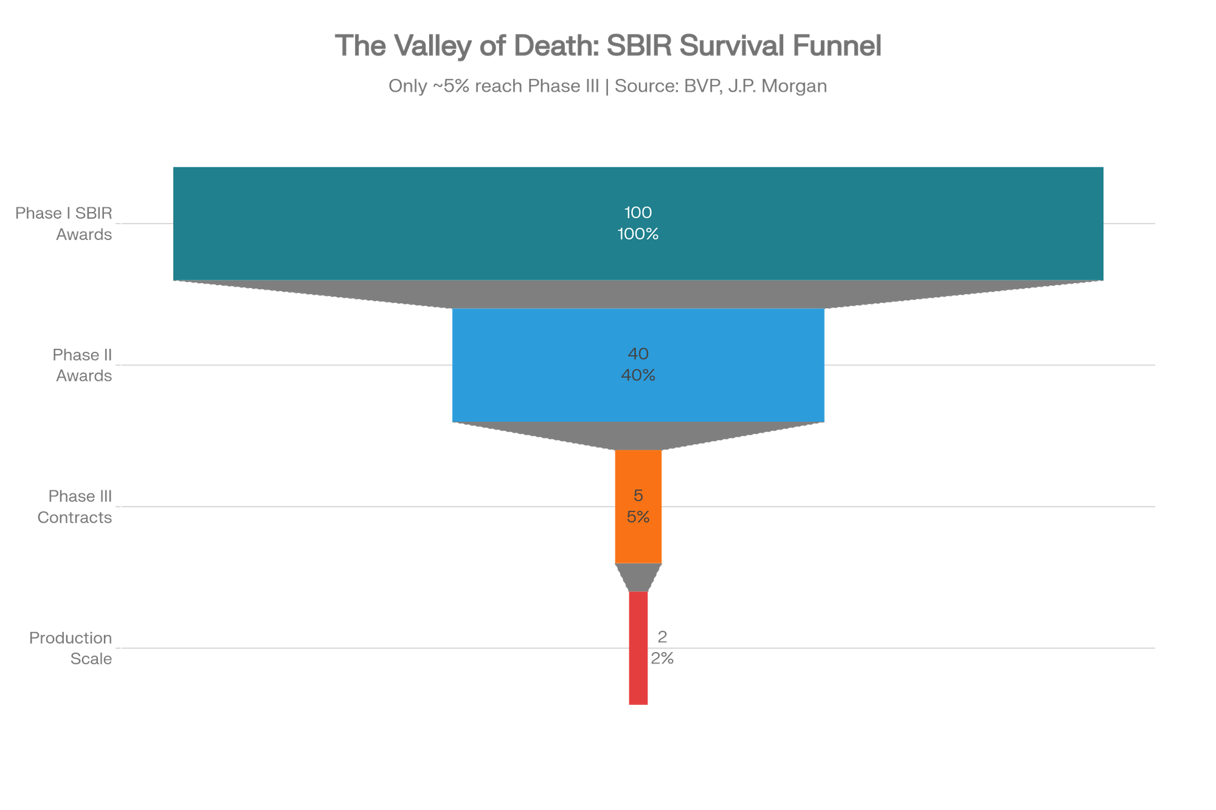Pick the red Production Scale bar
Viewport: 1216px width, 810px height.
(638, 681)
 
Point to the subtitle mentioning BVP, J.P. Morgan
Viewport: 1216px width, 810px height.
(608, 86)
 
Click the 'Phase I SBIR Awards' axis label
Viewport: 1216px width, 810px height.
(64, 223)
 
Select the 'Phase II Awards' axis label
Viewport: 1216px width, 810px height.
(83, 365)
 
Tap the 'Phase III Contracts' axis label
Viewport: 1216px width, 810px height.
(75, 506)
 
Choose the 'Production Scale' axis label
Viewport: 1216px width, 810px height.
(71, 648)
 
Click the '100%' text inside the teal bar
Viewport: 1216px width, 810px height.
(638, 234)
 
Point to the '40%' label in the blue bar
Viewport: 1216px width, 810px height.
(638, 376)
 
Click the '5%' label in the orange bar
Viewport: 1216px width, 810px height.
(638, 517)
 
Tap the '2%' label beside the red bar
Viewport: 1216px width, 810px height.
(662, 659)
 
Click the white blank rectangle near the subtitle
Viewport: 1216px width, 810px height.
(1005, 117)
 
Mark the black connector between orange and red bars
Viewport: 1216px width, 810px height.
(638, 577)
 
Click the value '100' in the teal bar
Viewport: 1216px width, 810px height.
(638, 213)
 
